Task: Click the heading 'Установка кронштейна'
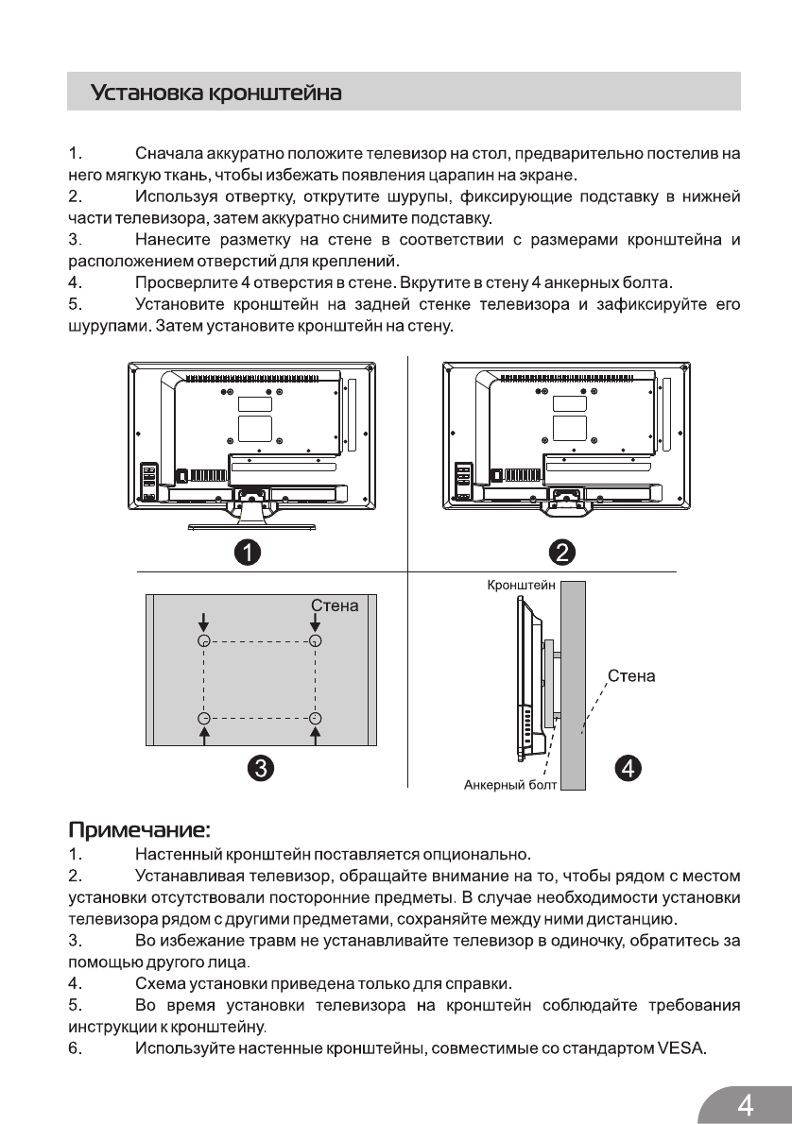(x=215, y=94)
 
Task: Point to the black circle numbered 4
(x=628, y=768)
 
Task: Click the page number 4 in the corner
(x=746, y=1103)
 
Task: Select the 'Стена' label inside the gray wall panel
(x=336, y=605)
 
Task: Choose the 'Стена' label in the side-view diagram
(x=631, y=676)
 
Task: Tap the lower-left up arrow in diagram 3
(x=203, y=734)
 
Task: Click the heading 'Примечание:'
(x=139, y=830)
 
